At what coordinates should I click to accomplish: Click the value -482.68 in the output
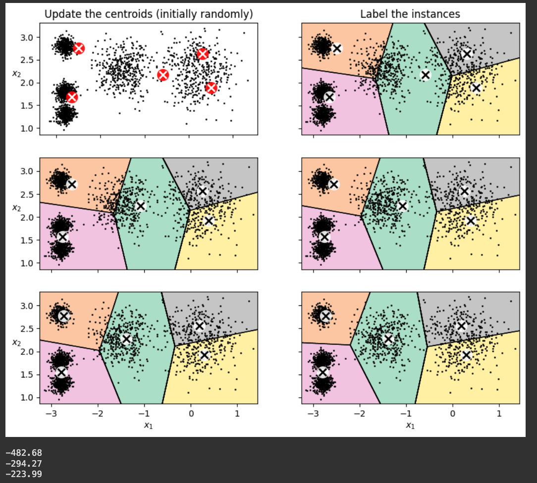click(24, 453)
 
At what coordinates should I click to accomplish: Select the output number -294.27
click(24, 463)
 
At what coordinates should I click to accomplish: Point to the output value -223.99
click(24, 474)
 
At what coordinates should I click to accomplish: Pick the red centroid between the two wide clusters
click(163, 75)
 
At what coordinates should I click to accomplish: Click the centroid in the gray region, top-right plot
click(467, 54)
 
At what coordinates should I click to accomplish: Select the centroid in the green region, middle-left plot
click(141, 205)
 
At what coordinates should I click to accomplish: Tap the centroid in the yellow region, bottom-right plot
click(466, 355)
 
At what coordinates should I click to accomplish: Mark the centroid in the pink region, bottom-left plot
click(61, 372)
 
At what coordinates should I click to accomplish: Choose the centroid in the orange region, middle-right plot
click(334, 185)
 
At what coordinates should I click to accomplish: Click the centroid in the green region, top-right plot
click(425, 75)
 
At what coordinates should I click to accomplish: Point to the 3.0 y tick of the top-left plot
click(27, 38)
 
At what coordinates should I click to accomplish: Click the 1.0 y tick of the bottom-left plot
click(27, 397)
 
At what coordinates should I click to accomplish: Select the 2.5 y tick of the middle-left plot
click(27, 194)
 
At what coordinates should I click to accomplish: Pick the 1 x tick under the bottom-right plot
click(499, 414)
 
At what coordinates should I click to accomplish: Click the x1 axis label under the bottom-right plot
click(410, 426)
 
